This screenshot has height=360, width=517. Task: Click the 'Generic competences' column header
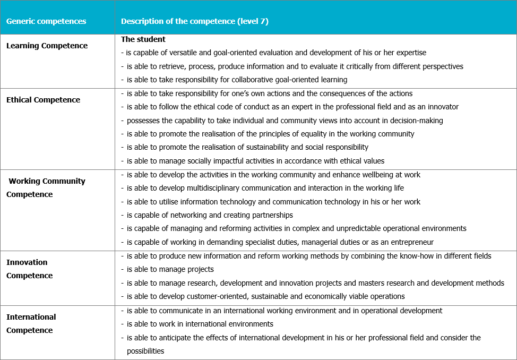46,22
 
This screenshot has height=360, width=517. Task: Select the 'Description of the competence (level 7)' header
195,22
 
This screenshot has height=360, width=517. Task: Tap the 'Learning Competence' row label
47,46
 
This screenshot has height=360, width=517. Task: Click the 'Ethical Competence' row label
43,100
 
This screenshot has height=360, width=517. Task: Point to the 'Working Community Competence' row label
46,187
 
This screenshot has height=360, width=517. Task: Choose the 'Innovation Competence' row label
29,269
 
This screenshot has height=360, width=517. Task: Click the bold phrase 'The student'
143,39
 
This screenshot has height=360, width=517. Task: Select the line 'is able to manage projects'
170,269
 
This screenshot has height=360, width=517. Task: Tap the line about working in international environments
200,324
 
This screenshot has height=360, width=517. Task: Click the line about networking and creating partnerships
210,215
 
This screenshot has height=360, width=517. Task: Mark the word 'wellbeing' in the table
361,175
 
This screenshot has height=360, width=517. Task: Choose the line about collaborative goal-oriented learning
237,80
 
